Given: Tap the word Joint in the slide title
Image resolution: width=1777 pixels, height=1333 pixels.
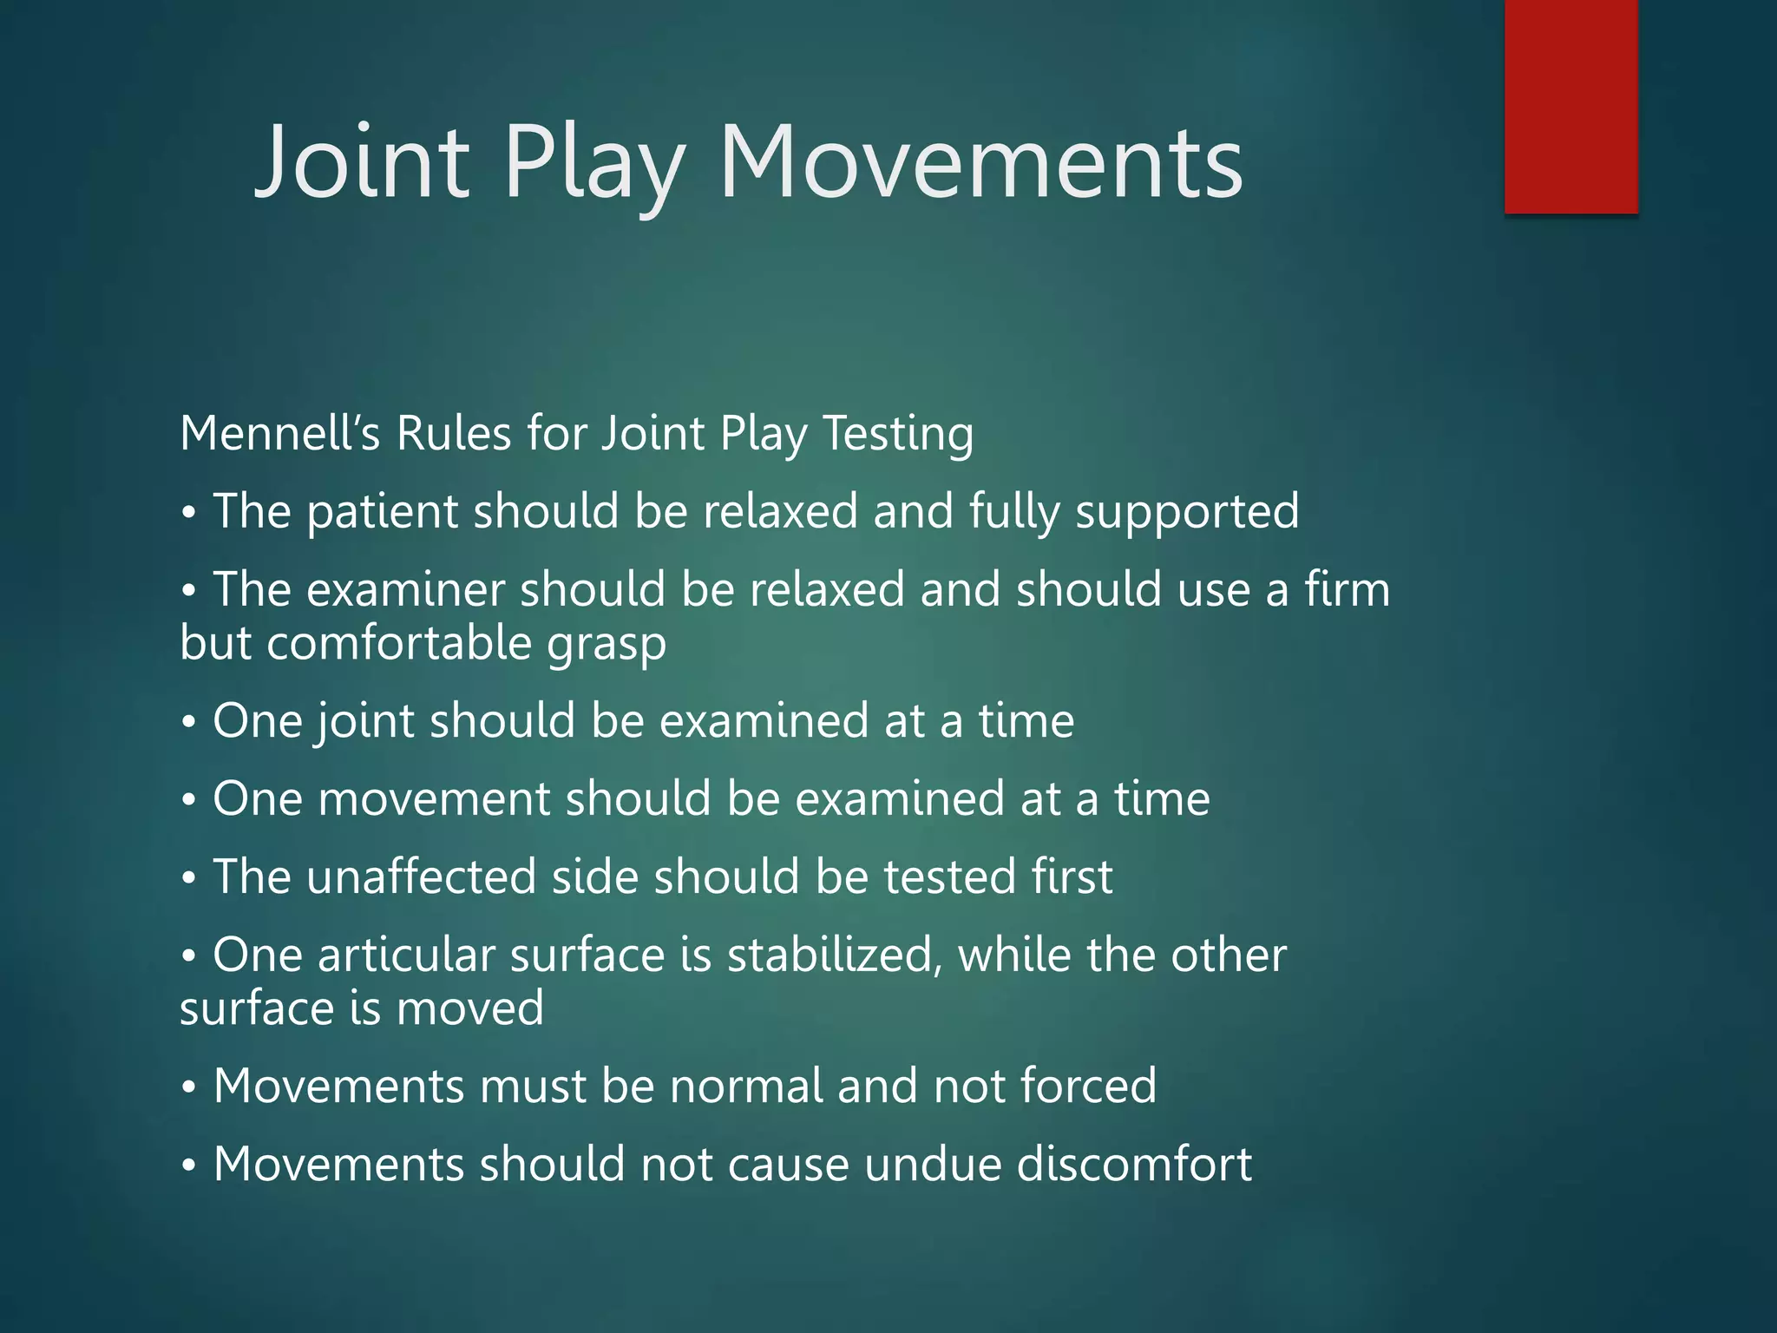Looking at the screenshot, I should point(362,163).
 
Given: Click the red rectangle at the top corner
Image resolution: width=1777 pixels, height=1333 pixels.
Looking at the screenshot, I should point(1570,106).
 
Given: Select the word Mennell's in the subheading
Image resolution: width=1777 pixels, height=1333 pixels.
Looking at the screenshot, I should point(279,433).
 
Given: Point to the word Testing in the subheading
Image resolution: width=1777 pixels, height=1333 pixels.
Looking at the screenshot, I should point(897,433).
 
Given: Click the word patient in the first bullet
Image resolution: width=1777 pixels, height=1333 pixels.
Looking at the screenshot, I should point(382,511).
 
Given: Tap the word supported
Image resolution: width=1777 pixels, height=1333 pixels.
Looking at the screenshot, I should point(1186,511).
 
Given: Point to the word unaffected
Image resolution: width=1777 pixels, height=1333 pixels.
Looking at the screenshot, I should point(422,877).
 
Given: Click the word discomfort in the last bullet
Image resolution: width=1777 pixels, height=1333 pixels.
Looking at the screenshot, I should point(1134,1164).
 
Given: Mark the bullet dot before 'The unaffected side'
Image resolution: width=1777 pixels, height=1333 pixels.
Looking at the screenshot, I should point(188,878).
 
